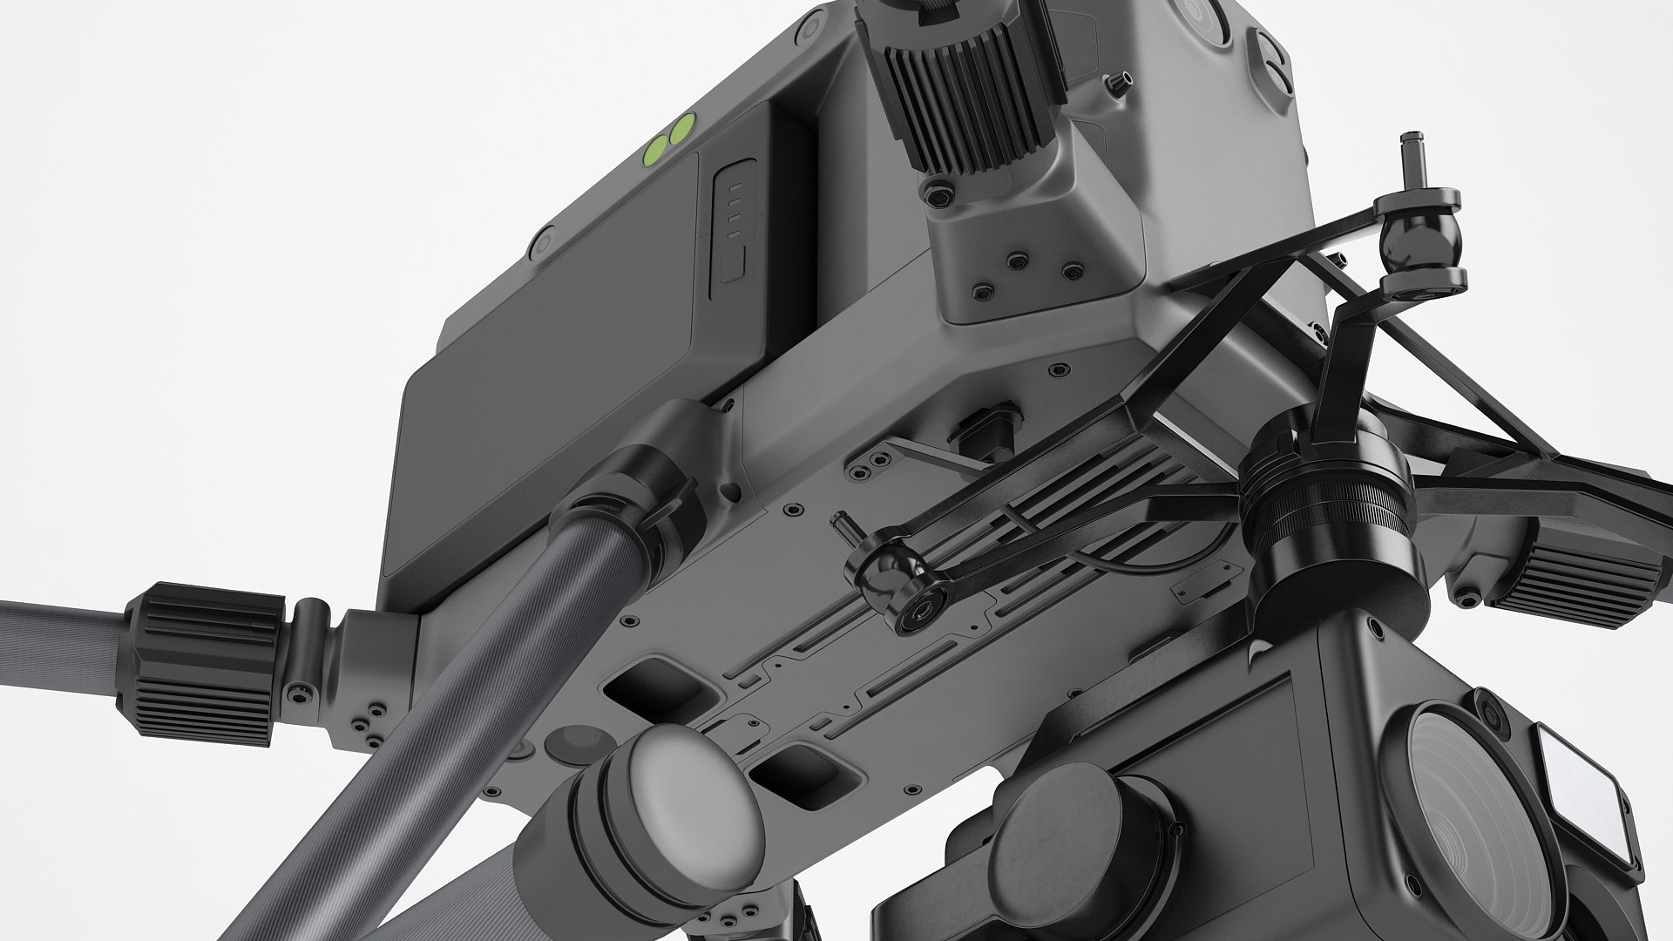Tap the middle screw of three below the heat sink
(x=1015, y=260)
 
